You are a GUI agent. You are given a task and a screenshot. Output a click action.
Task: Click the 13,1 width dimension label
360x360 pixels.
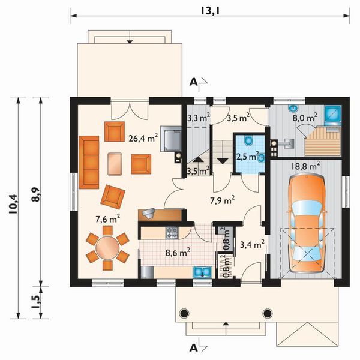pos(210,11)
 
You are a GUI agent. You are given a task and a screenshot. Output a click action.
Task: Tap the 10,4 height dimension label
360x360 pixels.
pos(13,204)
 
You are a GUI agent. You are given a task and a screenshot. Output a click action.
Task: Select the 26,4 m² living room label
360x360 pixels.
pos(143,138)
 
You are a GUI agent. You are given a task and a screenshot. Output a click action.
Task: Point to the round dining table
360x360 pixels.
pos(107,248)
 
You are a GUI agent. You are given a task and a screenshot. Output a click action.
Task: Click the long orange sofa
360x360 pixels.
pos(89,162)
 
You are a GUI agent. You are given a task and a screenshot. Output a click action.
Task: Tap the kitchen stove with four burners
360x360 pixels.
pos(172,232)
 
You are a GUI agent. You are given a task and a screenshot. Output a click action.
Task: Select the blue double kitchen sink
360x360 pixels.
pos(202,272)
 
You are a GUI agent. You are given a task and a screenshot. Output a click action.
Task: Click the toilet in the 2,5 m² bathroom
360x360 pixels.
pos(248,140)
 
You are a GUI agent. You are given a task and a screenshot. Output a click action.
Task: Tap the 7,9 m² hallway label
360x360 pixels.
pos(222,200)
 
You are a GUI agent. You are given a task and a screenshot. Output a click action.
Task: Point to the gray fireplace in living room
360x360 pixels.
pos(171,139)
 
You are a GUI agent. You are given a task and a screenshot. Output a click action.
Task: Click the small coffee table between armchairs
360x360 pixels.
pos(115,164)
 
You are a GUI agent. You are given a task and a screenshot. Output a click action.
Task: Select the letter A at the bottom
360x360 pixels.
pos(193,348)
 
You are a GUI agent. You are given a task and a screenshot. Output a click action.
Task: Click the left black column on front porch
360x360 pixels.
pos(184,313)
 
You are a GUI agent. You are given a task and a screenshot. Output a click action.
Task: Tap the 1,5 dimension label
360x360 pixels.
pos(36,302)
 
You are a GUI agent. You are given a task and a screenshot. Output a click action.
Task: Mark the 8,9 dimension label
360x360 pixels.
pos(36,194)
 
